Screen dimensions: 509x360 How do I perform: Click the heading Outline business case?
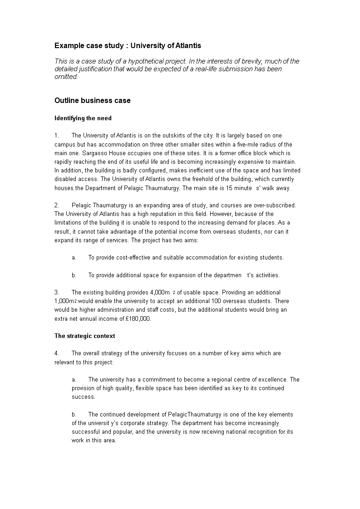[x=93, y=101]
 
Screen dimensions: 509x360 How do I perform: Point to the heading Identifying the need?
[x=83, y=118]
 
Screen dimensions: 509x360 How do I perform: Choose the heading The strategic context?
[x=85, y=336]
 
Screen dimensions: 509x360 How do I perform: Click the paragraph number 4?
[x=57, y=353]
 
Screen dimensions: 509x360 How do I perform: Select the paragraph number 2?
[x=57, y=206]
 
